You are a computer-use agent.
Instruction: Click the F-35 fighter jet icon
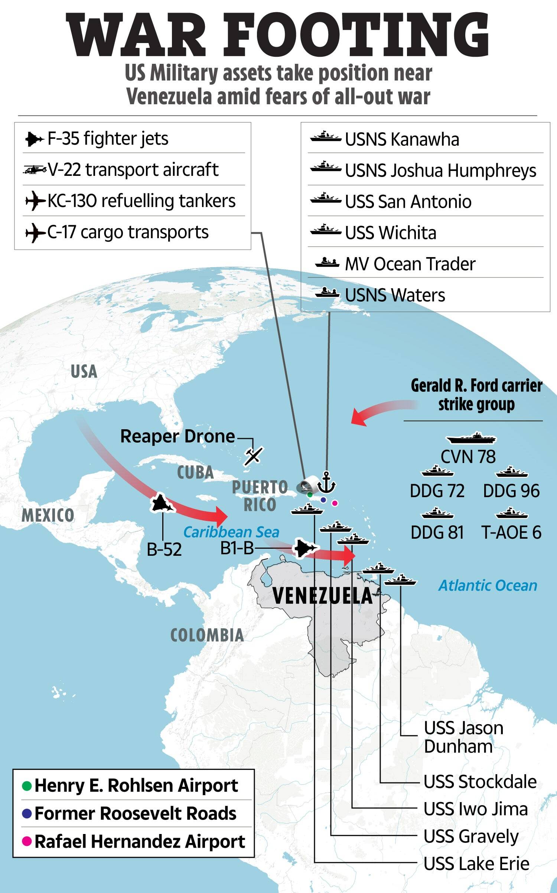pyautogui.click(x=34, y=139)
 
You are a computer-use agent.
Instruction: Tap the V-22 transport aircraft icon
pyautogui.click(x=34, y=170)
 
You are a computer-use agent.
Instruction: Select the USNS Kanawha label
pyautogui.click(x=402, y=140)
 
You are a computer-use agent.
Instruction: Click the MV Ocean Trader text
pyautogui.click(x=410, y=264)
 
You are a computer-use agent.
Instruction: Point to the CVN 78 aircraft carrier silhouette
pyautogui.click(x=471, y=439)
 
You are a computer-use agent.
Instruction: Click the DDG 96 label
pyautogui.click(x=511, y=491)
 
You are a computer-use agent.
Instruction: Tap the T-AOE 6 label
pyautogui.click(x=511, y=533)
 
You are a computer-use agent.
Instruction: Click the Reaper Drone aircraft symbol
pyautogui.click(x=253, y=456)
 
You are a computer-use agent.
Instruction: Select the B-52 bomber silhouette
pyautogui.click(x=162, y=503)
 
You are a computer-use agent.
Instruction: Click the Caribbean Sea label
pyautogui.click(x=231, y=532)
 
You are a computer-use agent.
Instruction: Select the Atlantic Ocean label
pyautogui.click(x=488, y=586)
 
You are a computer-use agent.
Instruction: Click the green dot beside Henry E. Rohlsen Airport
pyautogui.click(x=27, y=786)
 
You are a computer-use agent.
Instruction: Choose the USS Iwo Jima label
pyautogui.click(x=476, y=809)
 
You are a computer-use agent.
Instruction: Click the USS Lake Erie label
pyautogui.click(x=476, y=864)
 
